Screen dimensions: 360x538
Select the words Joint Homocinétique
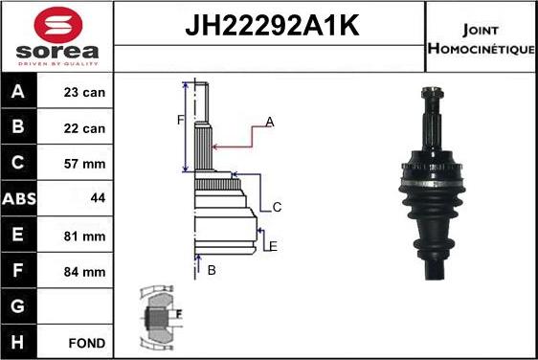click(482, 35)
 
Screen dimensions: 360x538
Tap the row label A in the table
click(19, 94)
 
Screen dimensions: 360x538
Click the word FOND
click(86, 342)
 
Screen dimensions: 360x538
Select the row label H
click(19, 342)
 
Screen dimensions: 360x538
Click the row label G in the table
click(19, 306)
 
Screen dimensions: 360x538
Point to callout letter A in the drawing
click(270, 122)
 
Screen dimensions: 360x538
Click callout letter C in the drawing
click(277, 207)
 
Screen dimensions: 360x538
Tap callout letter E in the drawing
click(273, 246)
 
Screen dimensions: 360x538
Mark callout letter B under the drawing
click(212, 270)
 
